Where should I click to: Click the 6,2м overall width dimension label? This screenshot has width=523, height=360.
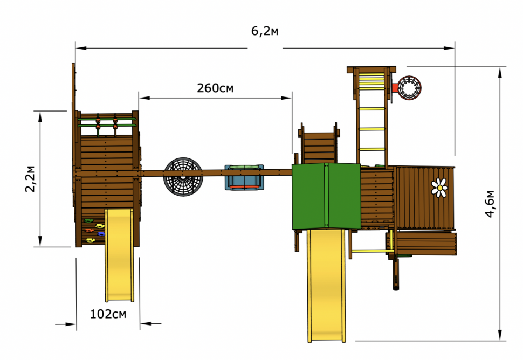click(x=265, y=31)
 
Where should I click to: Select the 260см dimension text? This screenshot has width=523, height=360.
click(x=215, y=88)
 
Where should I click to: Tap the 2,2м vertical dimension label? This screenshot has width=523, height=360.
click(x=30, y=179)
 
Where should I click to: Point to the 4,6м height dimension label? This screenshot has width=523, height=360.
click(x=490, y=204)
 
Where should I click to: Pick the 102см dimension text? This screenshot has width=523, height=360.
click(x=108, y=314)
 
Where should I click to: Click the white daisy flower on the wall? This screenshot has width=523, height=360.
click(x=439, y=188)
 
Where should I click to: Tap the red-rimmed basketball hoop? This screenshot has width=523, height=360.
click(x=409, y=88)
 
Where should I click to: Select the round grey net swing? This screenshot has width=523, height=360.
click(x=183, y=177)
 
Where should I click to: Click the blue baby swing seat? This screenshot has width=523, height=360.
click(x=244, y=177)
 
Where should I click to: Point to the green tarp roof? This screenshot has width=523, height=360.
click(x=326, y=196)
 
